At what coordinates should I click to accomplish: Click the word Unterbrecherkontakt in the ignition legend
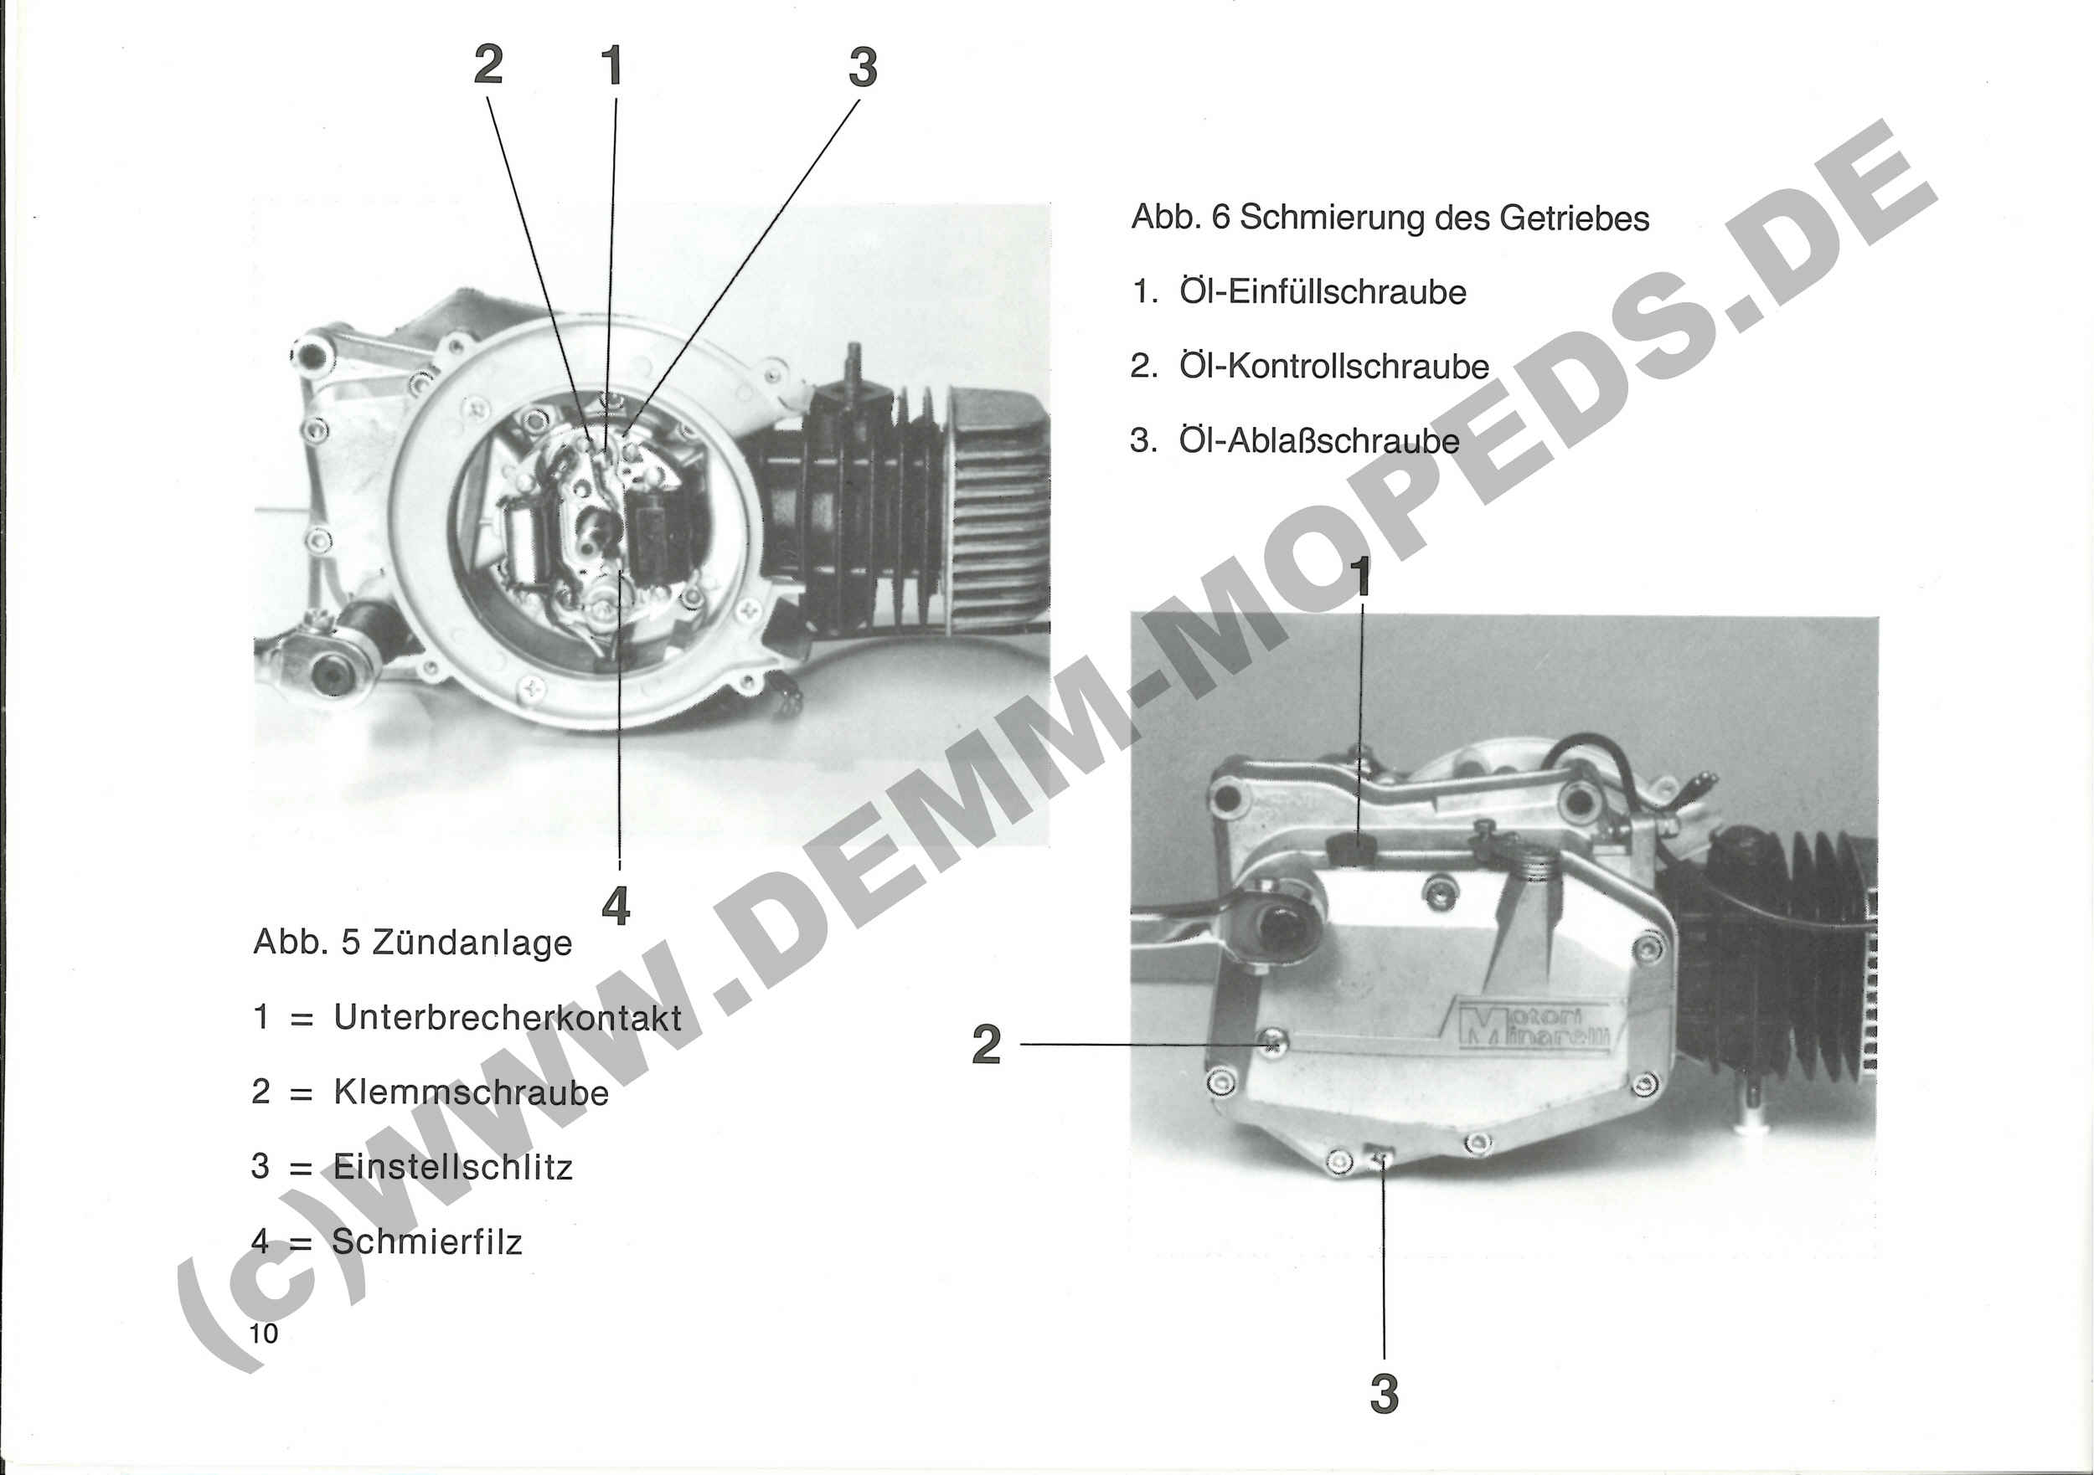click(507, 1017)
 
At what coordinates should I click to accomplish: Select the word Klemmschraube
click(471, 1092)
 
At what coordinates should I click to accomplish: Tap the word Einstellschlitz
click(452, 1167)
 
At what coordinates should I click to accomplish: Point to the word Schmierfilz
click(427, 1241)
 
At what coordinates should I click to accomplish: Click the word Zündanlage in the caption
click(472, 943)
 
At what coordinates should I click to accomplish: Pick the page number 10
click(264, 1334)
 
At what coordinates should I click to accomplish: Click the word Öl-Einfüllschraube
click(1323, 291)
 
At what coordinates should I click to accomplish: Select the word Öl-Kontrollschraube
click(1333, 367)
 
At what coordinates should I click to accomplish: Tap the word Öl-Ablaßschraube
click(1318, 441)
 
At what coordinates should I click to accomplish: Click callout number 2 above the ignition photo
click(489, 65)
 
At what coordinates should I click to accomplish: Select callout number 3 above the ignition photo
click(863, 68)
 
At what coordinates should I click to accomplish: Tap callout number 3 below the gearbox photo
click(1385, 1395)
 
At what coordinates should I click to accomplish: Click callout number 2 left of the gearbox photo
click(986, 1045)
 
